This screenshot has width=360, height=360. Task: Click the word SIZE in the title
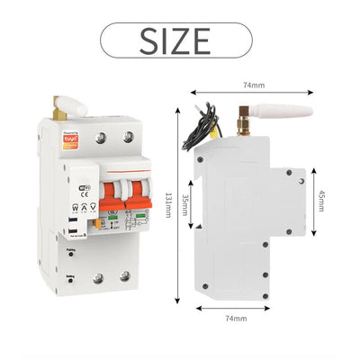tap(176, 41)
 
